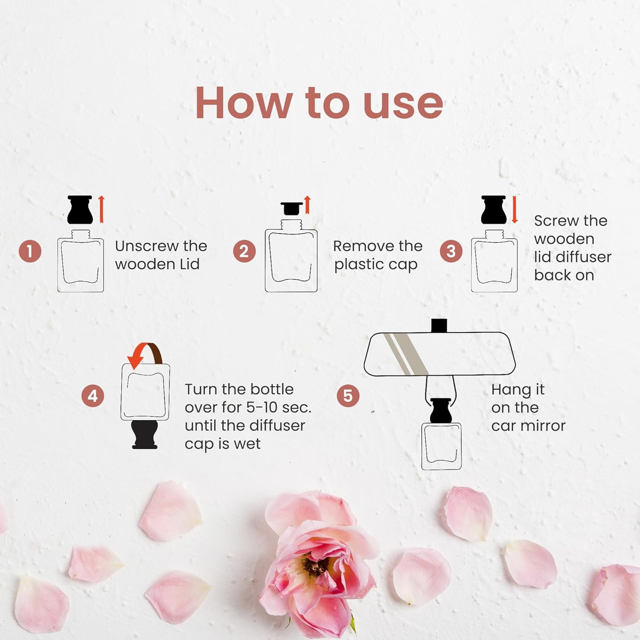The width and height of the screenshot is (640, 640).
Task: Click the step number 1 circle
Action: tap(30, 251)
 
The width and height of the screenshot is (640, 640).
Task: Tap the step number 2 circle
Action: tap(244, 251)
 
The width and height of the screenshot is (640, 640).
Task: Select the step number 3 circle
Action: tap(451, 251)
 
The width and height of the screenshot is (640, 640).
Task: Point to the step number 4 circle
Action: tap(93, 396)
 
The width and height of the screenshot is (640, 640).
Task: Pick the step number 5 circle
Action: tap(348, 396)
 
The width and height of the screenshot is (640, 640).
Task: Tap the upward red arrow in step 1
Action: tap(101, 209)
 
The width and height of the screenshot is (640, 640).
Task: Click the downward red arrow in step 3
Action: tap(514, 209)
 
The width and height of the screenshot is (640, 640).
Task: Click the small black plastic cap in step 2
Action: tap(292, 209)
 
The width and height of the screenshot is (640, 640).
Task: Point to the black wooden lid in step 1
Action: tap(80, 209)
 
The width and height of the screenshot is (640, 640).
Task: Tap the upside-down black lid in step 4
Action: tap(145, 435)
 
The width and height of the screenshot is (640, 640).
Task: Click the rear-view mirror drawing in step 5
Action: tap(439, 354)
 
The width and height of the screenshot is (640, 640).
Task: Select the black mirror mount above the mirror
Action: tap(439, 325)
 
